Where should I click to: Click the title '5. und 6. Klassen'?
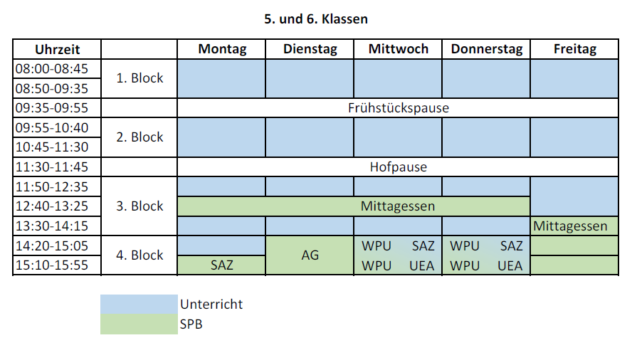pyautogui.click(x=316, y=19)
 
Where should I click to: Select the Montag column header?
pyautogui.click(x=222, y=49)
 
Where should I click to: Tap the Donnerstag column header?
pyautogui.click(x=487, y=49)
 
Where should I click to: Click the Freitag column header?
pyautogui.click(x=575, y=49)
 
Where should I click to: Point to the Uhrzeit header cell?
pyautogui.click(x=57, y=49)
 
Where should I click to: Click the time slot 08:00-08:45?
pyautogui.click(x=51, y=68)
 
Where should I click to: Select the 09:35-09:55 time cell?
pyautogui.click(x=51, y=107)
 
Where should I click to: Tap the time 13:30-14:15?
pyautogui.click(x=51, y=226)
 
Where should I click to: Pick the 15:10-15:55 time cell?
pyautogui.click(x=51, y=265)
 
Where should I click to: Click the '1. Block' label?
pyautogui.click(x=139, y=78)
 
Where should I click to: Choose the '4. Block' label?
pyautogui.click(x=139, y=255)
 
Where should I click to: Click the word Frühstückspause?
pyautogui.click(x=399, y=108)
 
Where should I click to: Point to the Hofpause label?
pyautogui.click(x=399, y=167)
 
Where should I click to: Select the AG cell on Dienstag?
pyautogui.click(x=310, y=255)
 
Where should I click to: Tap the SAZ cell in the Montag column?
pyautogui.click(x=221, y=265)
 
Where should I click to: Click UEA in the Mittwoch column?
pyautogui.click(x=421, y=265)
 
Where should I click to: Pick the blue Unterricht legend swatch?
pyautogui.click(x=139, y=305)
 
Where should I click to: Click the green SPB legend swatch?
pyautogui.click(x=139, y=324)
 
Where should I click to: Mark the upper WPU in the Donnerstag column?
pyautogui.click(x=465, y=246)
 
